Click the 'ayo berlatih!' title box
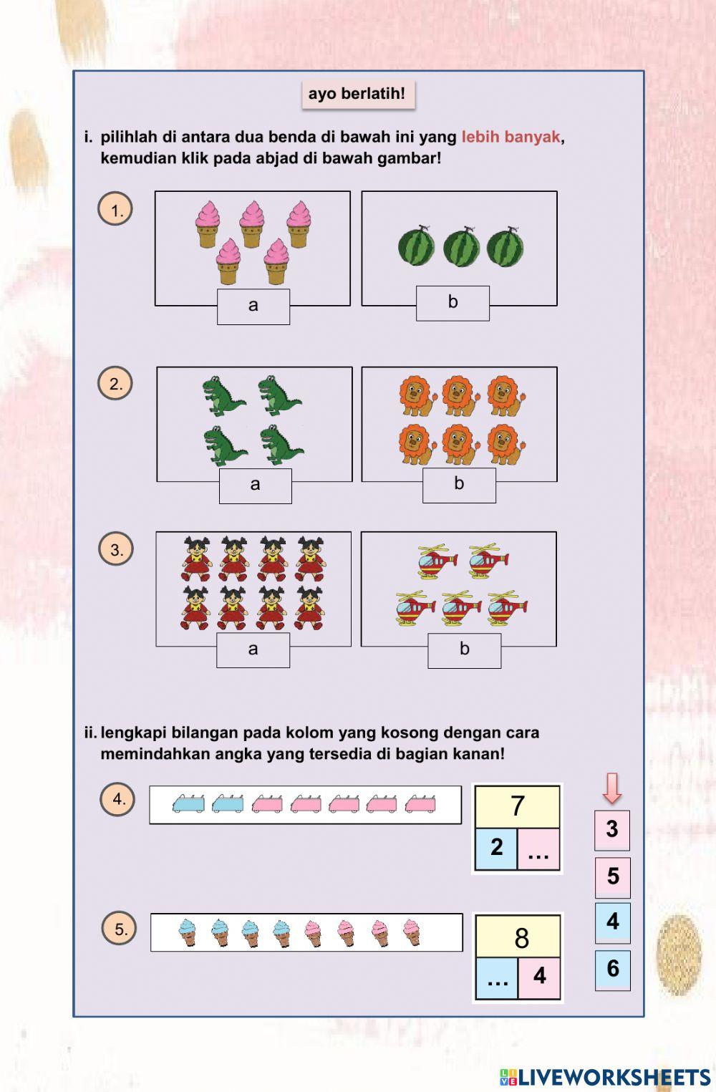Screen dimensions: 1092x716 point(357,94)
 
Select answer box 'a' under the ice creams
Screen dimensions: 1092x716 point(253,306)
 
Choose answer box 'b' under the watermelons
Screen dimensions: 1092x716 point(453,303)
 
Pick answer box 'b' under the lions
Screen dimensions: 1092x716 point(459,485)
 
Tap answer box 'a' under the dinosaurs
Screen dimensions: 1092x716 point(255,485)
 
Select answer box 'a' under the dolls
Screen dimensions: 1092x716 point(253,649)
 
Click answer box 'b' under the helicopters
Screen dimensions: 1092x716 point(464,650)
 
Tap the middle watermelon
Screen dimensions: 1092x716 point(461,246)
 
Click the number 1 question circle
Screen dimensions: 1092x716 point(115,210)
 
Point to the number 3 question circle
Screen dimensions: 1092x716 point(116,550)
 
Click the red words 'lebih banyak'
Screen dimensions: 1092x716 point(511,137)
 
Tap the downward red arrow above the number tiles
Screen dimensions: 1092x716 point(612,788)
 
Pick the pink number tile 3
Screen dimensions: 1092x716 point(612,830)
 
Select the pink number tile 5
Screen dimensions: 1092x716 point(613,876)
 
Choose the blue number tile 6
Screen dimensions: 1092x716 point(613,970)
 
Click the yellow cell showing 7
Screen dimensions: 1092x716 point(518,806)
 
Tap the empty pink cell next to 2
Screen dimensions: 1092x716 point(538,849)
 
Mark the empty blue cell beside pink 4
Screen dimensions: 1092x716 point(497,977)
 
